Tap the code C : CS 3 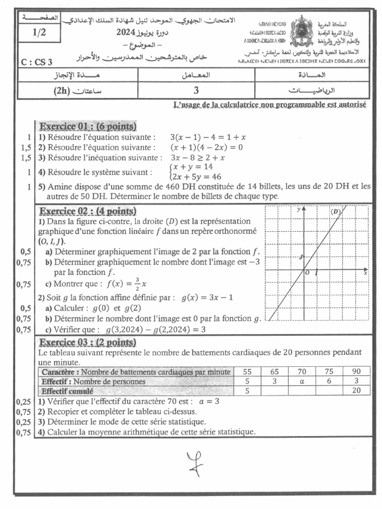pyautogui.click(x=38, y=62)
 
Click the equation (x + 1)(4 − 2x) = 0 pyautogui.click(x=206, y=147)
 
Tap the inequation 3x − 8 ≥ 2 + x pyautogui.click(x=198, y=158)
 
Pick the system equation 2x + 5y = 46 pyautogui.click(x=196, y=176)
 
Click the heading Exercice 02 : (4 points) pyautogui.click(x=88, y=211)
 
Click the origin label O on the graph pyautogui.click(x=307, y=273)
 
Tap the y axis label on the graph pyautogui.click(x=298, y=210)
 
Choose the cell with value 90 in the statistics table pyautogui.click(x=355, y=372)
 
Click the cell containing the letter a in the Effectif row pyautogui.click(x=301, y=381)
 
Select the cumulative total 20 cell pyautogui.click(x=355, y=391)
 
